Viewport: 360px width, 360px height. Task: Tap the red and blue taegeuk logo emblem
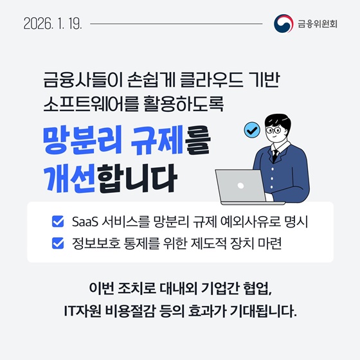pos(283,24)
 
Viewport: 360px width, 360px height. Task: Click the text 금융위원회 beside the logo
pos(318,24)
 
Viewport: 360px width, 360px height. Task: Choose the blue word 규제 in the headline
pos(157,138)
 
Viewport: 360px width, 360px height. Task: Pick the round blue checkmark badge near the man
pos(251,130)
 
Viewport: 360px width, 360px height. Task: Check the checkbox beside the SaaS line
pos(57,223)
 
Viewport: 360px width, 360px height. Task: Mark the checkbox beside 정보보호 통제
pos(57,244)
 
